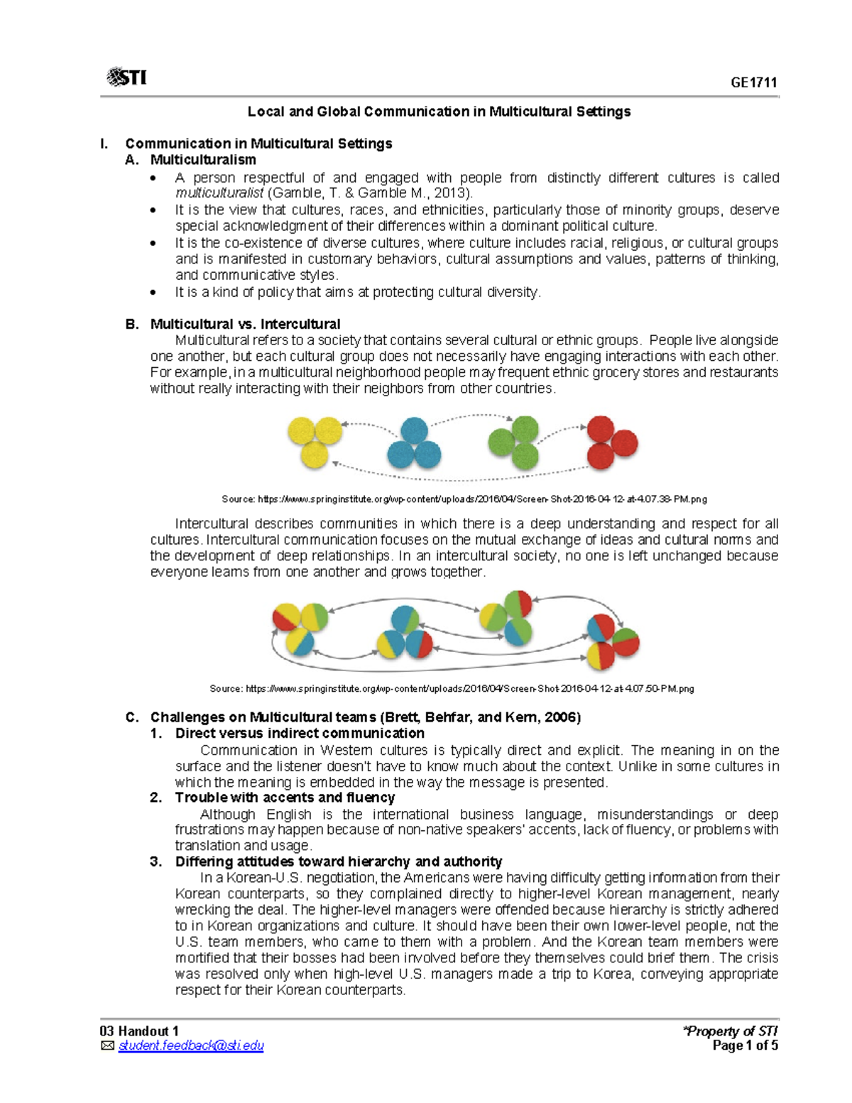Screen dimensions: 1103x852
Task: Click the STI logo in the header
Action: tap(126, 77)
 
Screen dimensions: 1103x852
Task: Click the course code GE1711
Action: tap(754, 82)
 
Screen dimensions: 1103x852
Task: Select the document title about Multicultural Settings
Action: tap(439, 112)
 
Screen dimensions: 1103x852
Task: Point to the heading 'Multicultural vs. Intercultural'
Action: tap(245, 325)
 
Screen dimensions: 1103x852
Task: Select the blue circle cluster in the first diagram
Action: tap(414, 443)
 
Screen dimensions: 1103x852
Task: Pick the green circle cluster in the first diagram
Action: tap(515, 442)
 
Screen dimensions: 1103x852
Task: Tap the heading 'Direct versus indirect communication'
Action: tap(300, 734)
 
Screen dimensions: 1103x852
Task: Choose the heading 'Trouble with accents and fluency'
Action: tap(285, 798)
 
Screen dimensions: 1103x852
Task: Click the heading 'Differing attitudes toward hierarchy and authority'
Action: tap(339, 862)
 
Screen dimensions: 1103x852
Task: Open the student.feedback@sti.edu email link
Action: tap(191, 1045)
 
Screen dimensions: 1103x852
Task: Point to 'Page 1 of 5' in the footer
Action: tap(745, 1045)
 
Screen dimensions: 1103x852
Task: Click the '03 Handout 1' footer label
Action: tap(139, 1031)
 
